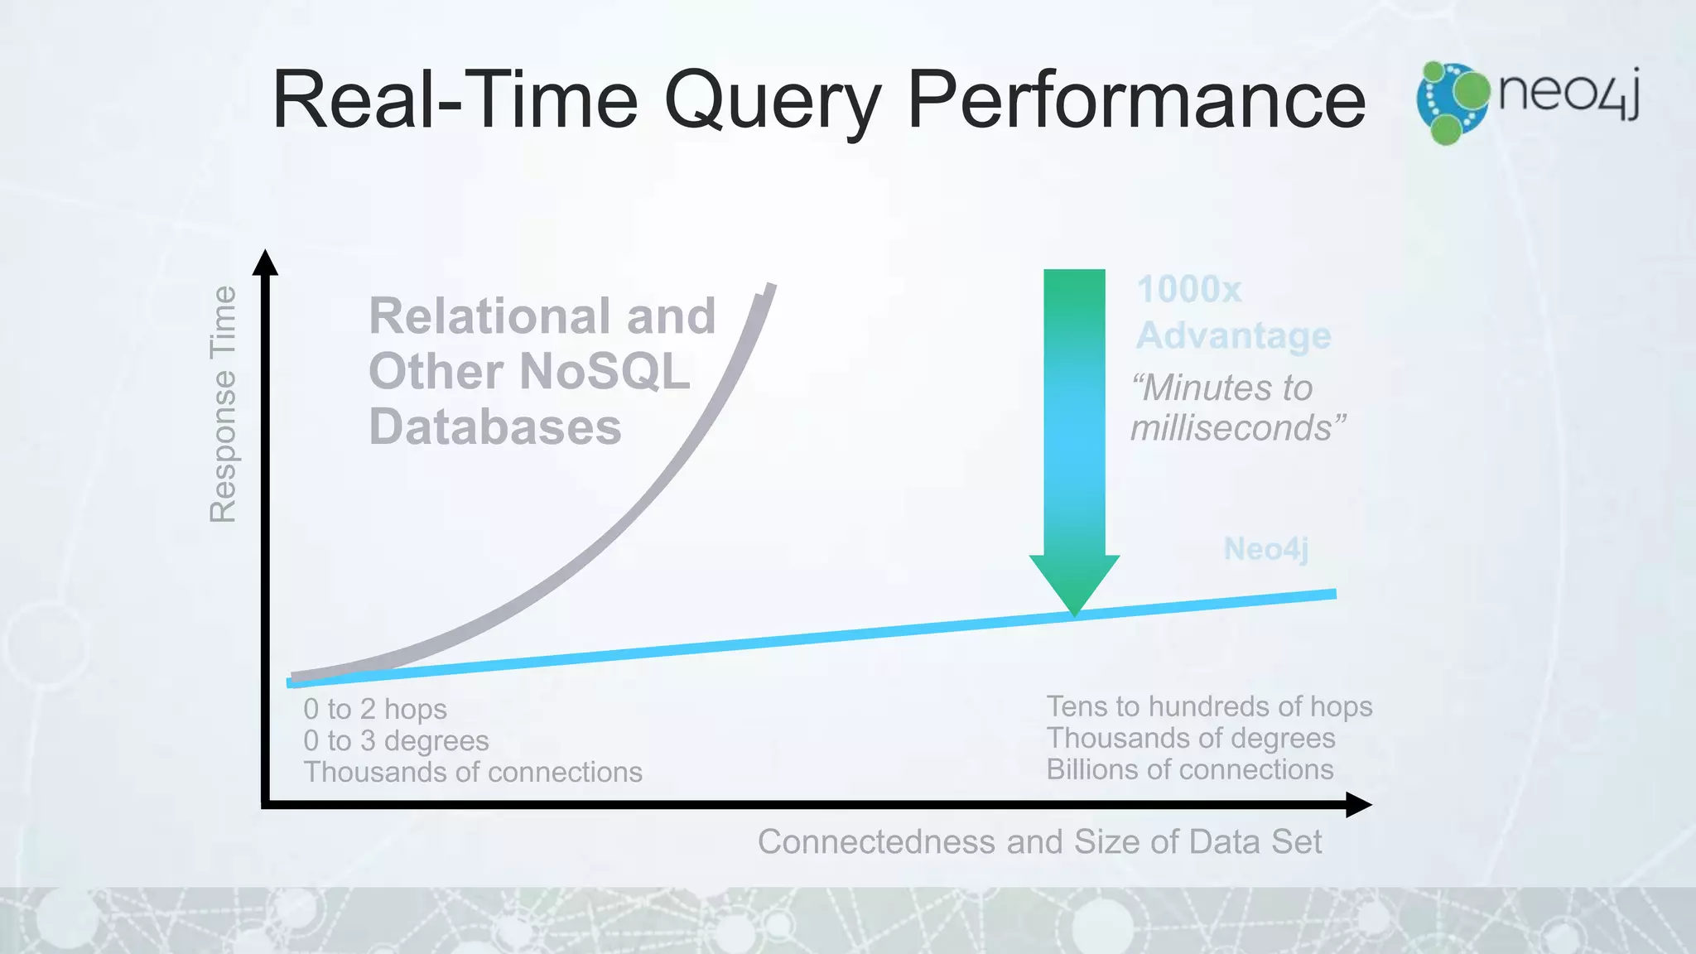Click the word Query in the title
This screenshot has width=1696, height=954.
click(772, 101)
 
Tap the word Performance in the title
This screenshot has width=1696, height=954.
click(1136, 101)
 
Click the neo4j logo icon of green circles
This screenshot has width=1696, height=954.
click(1452, 103)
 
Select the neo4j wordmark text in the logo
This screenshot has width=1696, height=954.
click(1568, 93)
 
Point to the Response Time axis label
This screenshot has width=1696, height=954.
click(224, 404)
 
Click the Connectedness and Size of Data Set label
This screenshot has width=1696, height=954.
click(1039, 841)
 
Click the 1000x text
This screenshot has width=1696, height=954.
click(1189, 290)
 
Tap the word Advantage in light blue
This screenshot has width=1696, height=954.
click(1233, 335)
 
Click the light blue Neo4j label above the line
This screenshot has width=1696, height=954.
click(1265, 548)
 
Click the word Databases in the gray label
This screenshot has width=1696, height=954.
click(494, 426)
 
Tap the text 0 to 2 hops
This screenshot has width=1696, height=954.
click(374, 709)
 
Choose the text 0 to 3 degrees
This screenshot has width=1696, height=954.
click(396, 740)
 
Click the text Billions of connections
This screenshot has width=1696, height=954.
click(1189, 769)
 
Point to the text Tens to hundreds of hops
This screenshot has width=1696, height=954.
click(1209, 706)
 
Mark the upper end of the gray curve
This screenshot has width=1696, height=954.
click(768, 288)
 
